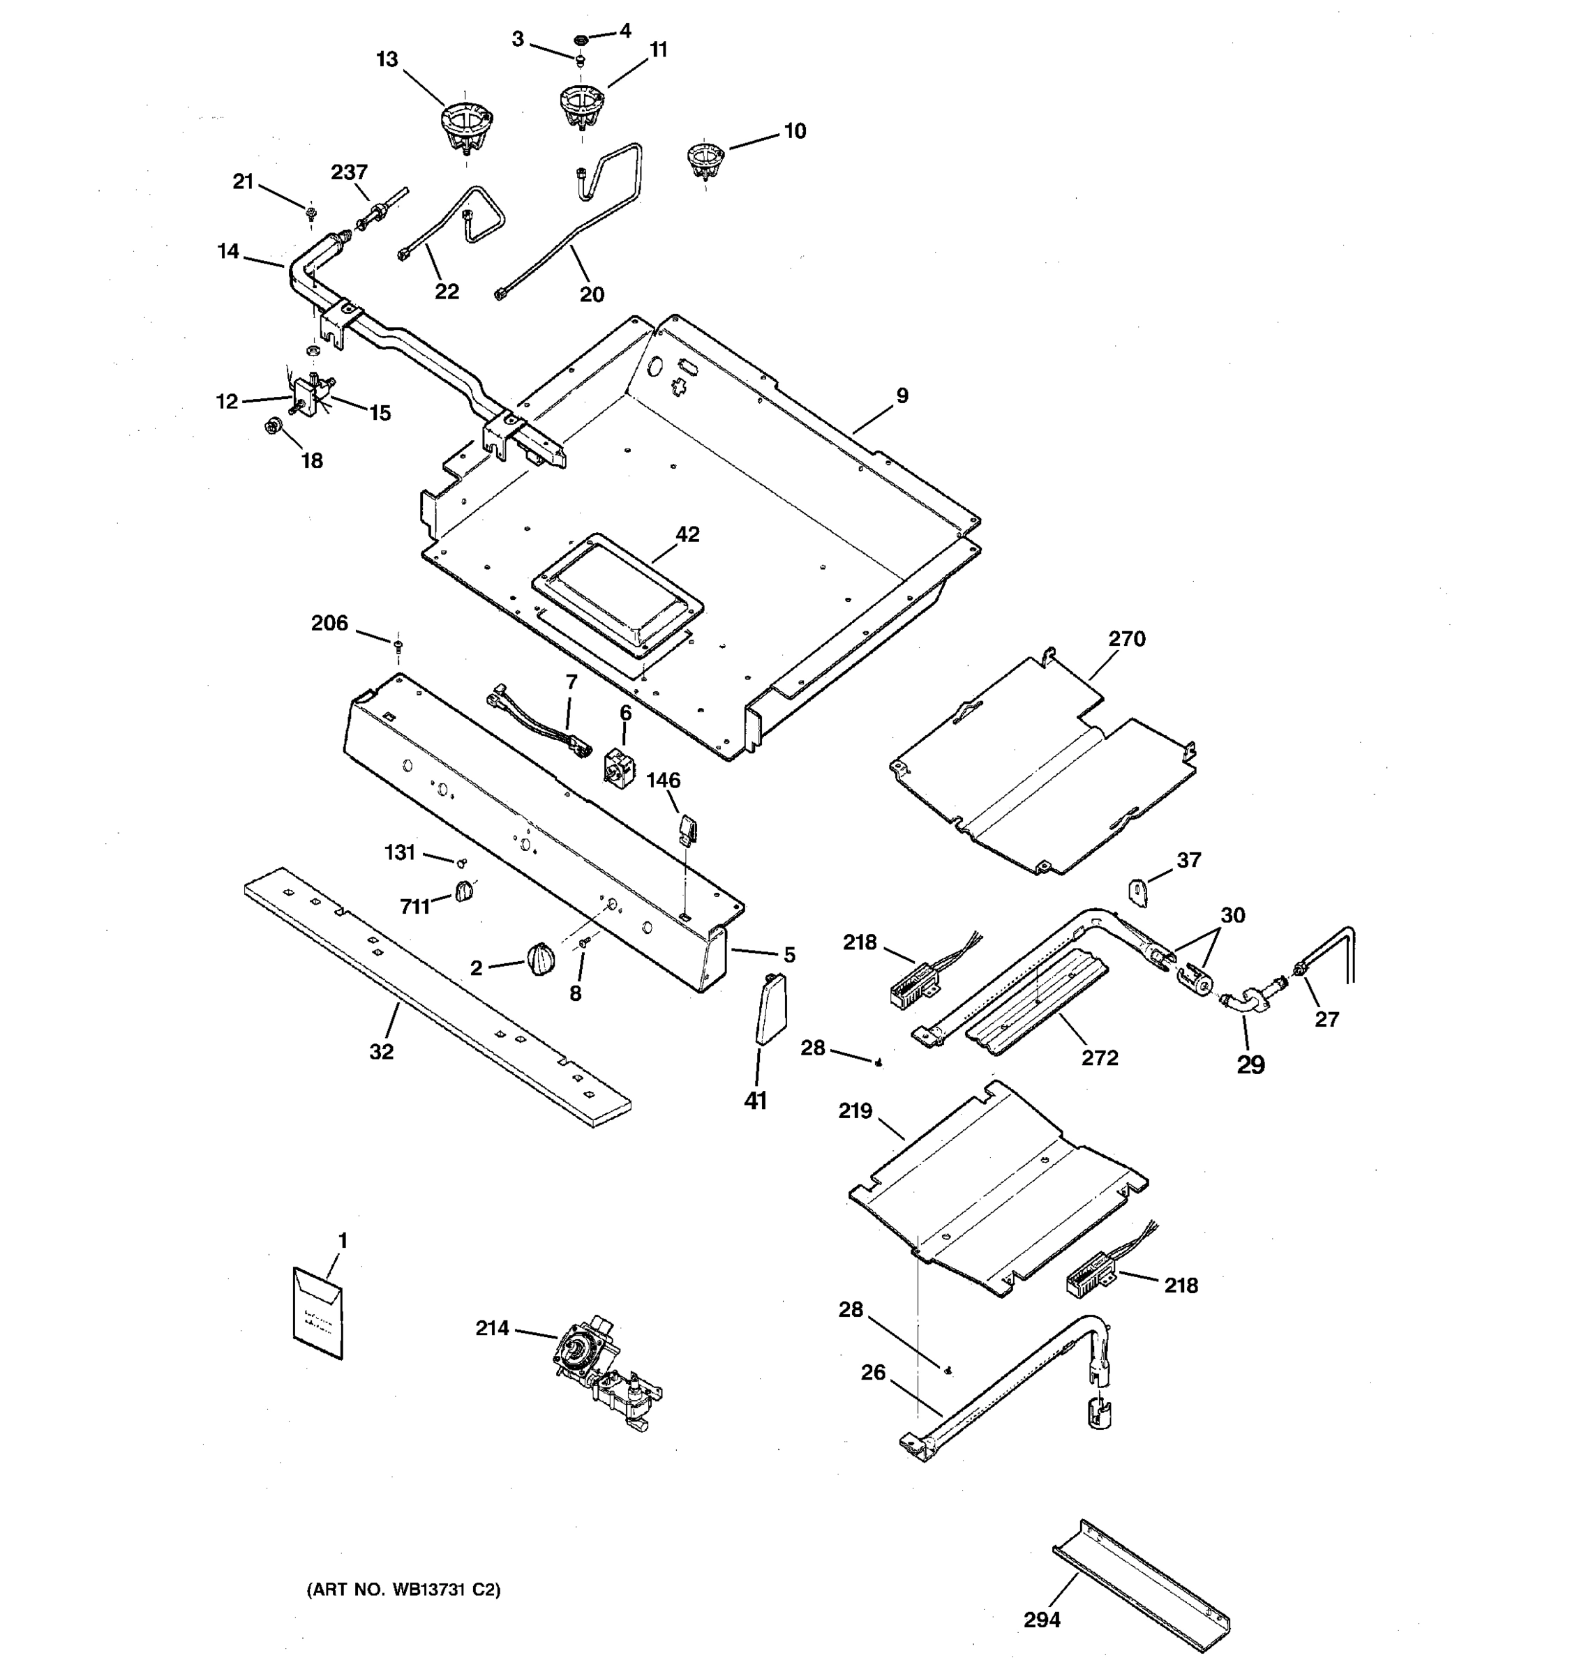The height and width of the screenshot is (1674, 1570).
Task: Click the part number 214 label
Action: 492,1329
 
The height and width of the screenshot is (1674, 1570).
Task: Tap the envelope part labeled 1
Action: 317,1313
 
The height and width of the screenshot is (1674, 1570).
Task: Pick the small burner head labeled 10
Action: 705,159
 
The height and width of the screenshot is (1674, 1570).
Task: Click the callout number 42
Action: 687,535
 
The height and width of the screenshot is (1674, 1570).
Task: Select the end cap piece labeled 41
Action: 770,1009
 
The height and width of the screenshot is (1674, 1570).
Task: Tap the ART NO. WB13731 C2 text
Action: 403,1590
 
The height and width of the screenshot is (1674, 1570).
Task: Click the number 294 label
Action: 1041,1620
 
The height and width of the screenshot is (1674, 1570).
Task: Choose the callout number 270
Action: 1126,639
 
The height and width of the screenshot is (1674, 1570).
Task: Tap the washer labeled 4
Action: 581,39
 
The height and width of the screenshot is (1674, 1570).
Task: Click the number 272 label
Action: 1099,1057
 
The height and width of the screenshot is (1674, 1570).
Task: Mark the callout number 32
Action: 381,1051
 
